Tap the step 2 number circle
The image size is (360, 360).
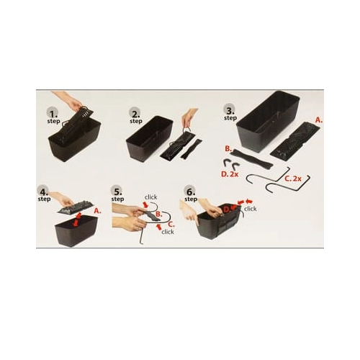135,113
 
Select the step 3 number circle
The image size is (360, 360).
230,110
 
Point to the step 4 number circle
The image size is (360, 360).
42,192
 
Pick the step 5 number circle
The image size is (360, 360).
117,192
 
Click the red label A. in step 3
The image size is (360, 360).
319,120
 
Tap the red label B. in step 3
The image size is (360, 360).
228,149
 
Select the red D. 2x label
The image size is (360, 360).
230,174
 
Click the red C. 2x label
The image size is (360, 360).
293,179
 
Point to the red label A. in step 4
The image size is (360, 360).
97,211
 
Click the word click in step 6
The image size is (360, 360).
250,209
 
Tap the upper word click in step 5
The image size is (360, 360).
150,197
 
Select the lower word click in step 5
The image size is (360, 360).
168,232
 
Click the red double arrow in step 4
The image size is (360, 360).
77,219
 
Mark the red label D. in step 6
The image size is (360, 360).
227,210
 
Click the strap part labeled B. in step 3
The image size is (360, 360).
251,159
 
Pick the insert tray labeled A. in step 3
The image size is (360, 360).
295,139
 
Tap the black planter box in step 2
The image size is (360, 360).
149,138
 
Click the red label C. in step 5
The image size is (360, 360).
171,225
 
